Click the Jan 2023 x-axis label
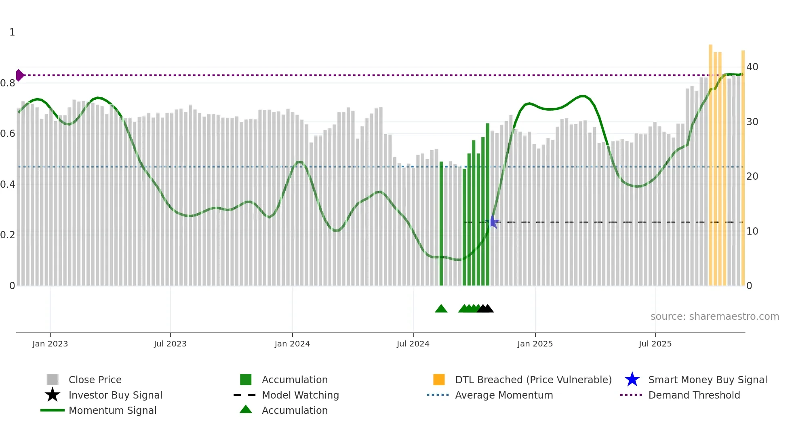coord(50,344)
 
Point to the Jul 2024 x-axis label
coord(413,344)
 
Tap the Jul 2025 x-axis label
coord(655,344)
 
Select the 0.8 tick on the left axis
coord(8,83)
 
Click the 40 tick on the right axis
coord(752,67)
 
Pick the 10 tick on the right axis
coord(752,231)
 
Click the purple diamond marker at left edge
coord(19,75)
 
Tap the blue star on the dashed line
coord(493,222)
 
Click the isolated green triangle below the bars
coord(441,309)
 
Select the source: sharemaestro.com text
coord(714,317)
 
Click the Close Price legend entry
coord(95,380)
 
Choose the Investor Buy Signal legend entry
coord(115,395)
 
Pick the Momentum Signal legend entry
coord(112,410)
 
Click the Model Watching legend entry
coord(300,395)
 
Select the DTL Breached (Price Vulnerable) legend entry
coord(533,380)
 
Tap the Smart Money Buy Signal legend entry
coord(707,380)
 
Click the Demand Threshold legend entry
coord(694,395)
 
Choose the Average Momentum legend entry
coord(503,395)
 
